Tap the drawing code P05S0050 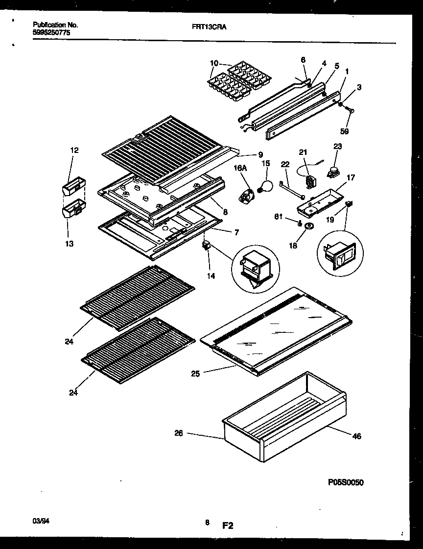point(346,482)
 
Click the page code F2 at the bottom point(228,526)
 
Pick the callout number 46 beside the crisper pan point(357,436)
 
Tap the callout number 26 point(179,433)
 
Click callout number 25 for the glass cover point(195,374)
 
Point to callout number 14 point(211,276)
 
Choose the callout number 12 point(74,150)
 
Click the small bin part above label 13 point(73,210)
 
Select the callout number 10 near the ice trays point(214,63)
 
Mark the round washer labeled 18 point(308,226)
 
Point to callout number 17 point(351,177)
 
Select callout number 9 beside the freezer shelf point(260,154)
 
